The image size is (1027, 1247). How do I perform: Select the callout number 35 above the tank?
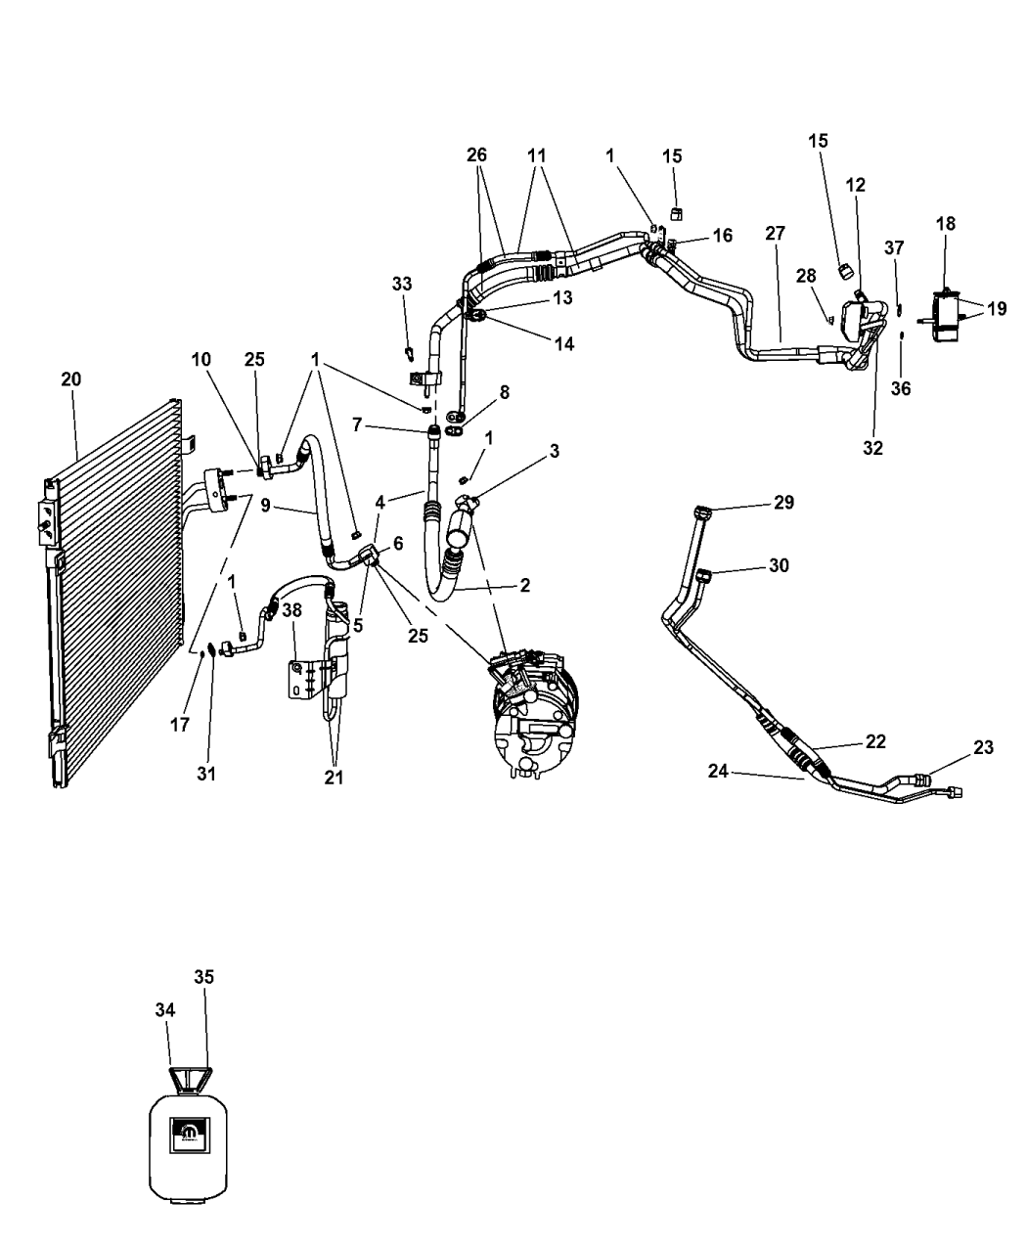tap(204, 976)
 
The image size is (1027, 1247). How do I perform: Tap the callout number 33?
tap(402, 285)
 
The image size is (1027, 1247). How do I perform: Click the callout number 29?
tap(783, 503)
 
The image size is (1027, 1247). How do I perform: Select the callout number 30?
tap(779, 565)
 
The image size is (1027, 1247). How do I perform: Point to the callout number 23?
tap(983, 747)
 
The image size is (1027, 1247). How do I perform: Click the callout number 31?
tap(206, 774)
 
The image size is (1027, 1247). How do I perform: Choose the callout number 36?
tap(901, 388)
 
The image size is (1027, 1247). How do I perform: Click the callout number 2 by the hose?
tap(525, 585)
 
